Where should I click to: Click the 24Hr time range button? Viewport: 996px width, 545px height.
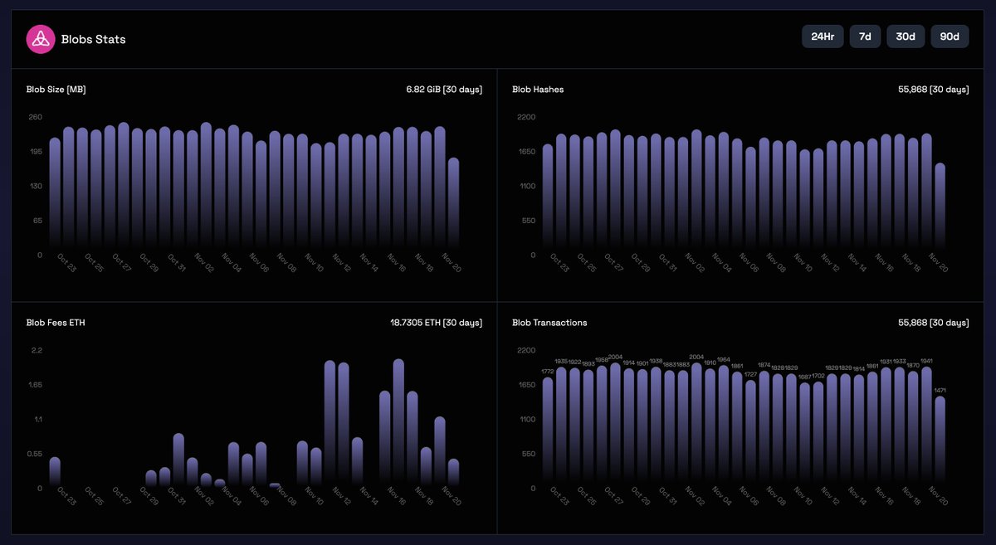pyautogui.click(x=823, y=36)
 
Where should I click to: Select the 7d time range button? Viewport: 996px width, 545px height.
pyautogui.click(x=865, y=36)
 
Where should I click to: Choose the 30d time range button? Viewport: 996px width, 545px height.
pyautogui.click(x=906, y=36)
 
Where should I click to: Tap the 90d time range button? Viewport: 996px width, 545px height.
pyautogui.click(x=950, y=36)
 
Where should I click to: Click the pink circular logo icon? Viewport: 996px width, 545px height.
pyautogui.click(x=40, y=39)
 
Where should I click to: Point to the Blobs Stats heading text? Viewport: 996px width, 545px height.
pyautogui.click(x=93, y=39)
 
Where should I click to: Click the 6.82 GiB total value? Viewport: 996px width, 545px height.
pyautogui.click(x=438, y=89)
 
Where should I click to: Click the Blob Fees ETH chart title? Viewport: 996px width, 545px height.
pyautogui.click(x=56, y=323)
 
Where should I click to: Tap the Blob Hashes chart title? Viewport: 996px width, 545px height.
pyautogui.click(x=538, y=89)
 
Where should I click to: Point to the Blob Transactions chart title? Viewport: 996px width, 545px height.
pyautogui.click(x=549, y=323)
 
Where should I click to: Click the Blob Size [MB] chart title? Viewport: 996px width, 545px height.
pyautogui.click(x=56, y=89)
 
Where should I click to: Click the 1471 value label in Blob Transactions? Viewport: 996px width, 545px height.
pyautogui.click(x=940, y=390)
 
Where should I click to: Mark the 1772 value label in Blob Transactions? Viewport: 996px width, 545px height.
pyautogui.click(x=548, y=372)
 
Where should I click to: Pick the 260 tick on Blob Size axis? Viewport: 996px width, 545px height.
pyautogui.click(x=36, y=117)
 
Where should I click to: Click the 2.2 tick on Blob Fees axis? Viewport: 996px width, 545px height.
pyautogui.click(x=37, y=350)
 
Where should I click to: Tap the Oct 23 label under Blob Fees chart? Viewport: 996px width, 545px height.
pyautogui.click(x=67, y=496)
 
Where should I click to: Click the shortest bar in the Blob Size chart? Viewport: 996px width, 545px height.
pyautogui.click(x=453, y=203)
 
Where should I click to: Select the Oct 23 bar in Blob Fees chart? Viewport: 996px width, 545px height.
pyautogui.click(x=55, y=470)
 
